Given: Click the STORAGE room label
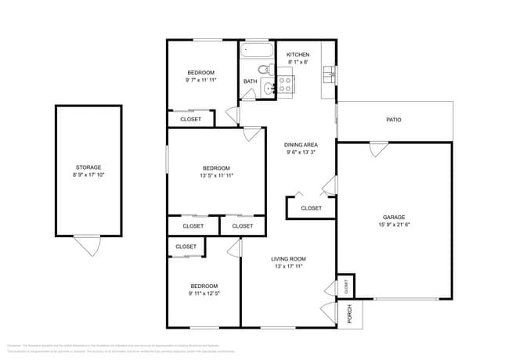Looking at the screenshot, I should pos(88,167).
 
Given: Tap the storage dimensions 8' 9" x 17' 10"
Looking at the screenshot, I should pos(88,175).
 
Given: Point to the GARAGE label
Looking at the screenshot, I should pos(394,218).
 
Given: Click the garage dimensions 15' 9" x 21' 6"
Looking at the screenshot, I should pos(394,225).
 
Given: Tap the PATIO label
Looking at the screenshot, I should pos(394,120).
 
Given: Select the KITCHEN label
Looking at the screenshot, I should pos(298,55).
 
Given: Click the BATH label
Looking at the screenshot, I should pos(250,81).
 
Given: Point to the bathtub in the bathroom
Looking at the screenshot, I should pos(256,51).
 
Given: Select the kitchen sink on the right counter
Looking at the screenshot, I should pos(330,75).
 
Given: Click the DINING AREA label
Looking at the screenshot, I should pos(301,145).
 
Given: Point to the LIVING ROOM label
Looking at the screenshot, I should pos(288,259).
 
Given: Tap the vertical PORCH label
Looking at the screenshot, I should pos(350,313).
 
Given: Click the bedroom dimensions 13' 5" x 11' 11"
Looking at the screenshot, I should pos(216,176).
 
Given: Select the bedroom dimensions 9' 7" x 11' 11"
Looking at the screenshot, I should pos(200,80).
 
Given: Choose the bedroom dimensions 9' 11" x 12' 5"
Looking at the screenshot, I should pos(204,293).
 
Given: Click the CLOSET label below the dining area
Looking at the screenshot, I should pos(312,208).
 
